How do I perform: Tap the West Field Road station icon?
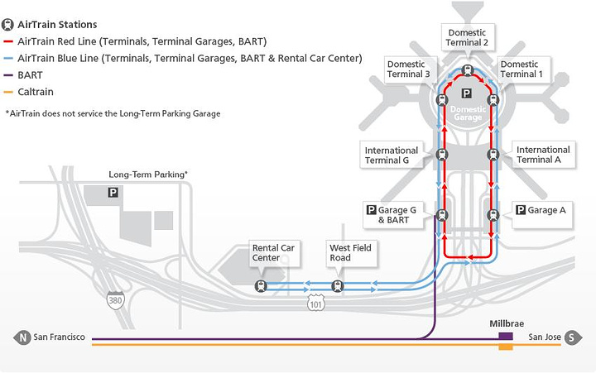pos(338,286)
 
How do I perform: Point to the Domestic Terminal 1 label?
pos(519,69)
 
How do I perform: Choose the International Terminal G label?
pos(392,155)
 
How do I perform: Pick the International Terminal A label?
pos(543,155)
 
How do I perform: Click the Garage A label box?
pos(541,210)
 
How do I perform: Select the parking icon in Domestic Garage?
pos(466,94)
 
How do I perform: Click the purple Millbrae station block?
pos(505,337)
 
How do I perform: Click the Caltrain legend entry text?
pos(35,91)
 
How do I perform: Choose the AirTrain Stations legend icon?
pos(9,25)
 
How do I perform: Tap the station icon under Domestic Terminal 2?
pos(468,70)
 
